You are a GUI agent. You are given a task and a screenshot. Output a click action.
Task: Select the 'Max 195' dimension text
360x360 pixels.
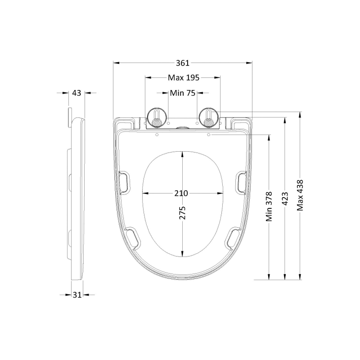point(183,77)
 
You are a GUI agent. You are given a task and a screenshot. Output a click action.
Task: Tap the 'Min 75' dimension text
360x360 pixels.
point(183,93)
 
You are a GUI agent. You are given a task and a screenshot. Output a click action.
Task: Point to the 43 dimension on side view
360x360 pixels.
point(76,93)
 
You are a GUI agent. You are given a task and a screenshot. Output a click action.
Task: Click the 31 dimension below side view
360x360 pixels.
point(77,295)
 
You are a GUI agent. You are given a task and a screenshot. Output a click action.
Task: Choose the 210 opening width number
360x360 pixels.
point(181,193)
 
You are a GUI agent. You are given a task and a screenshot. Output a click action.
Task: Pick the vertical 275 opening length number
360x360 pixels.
point(183,212)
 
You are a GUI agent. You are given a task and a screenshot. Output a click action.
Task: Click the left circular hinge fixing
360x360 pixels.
point(156,118)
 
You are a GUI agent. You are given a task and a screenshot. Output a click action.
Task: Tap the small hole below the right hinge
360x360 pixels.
point(209,135)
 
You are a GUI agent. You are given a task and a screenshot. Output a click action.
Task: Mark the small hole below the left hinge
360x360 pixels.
point(157,135)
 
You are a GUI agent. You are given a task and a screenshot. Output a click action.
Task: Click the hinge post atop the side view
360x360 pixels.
point(70,117)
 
